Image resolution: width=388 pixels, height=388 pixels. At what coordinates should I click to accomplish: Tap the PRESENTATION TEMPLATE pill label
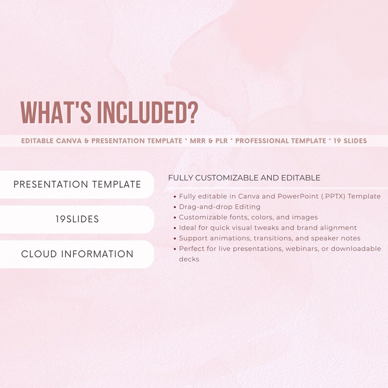(x=77, y=185)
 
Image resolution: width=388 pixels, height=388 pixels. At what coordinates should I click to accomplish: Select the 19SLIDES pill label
(x=77, y=219)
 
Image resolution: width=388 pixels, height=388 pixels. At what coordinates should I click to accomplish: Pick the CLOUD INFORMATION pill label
(x=77, y=254)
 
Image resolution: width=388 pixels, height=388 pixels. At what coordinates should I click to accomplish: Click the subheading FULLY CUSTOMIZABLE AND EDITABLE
(x=244, y=178)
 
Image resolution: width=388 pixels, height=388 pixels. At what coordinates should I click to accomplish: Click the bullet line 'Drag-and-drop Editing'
(x=219, y=207)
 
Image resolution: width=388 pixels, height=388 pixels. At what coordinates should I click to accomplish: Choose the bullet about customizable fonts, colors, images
(x=248, y=217)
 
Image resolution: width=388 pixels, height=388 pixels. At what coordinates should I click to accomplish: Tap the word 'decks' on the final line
(x=189, y=259)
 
